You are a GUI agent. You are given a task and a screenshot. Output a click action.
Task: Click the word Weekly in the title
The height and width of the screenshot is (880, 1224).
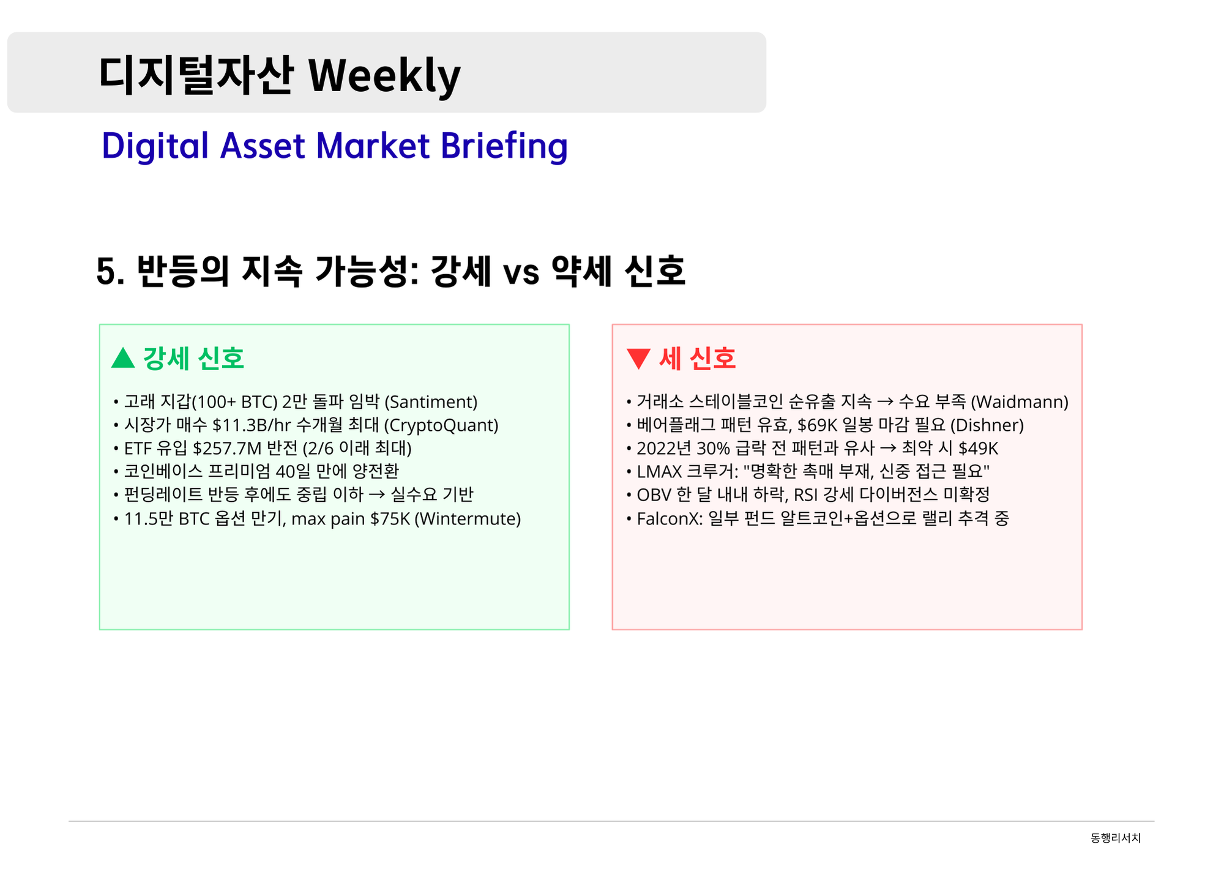[x=384, y=76]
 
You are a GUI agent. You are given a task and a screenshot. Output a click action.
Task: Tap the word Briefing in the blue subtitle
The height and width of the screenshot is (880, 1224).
[x=504, y=147]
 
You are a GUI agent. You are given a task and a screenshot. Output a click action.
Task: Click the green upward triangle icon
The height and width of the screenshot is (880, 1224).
[x=123, y=358]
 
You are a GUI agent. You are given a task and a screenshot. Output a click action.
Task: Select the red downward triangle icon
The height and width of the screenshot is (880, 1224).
[x=638, y=359]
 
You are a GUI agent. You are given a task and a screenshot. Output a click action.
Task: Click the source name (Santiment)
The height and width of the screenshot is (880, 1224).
[x=431, y=402]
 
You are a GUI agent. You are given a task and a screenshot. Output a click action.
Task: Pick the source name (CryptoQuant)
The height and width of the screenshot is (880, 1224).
[x=441, y=425]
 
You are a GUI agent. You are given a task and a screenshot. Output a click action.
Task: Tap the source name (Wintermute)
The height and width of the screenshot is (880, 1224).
[x=468, y=519]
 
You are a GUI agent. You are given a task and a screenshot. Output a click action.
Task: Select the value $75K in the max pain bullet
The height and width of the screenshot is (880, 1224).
[x=390, y=519]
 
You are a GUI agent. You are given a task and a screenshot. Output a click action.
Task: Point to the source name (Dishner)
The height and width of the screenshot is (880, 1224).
[x=987, y=425]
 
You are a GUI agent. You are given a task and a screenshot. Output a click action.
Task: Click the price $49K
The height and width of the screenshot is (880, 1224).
[x=978, y=449]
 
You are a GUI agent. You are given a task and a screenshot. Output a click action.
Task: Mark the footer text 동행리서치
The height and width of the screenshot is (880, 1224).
[x=1116, y=838]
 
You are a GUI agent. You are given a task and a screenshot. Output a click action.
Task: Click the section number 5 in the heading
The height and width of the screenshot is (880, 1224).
[x=106, y=272]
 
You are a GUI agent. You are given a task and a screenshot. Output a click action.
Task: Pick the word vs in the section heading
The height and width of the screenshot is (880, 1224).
[x=521, y=274]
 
